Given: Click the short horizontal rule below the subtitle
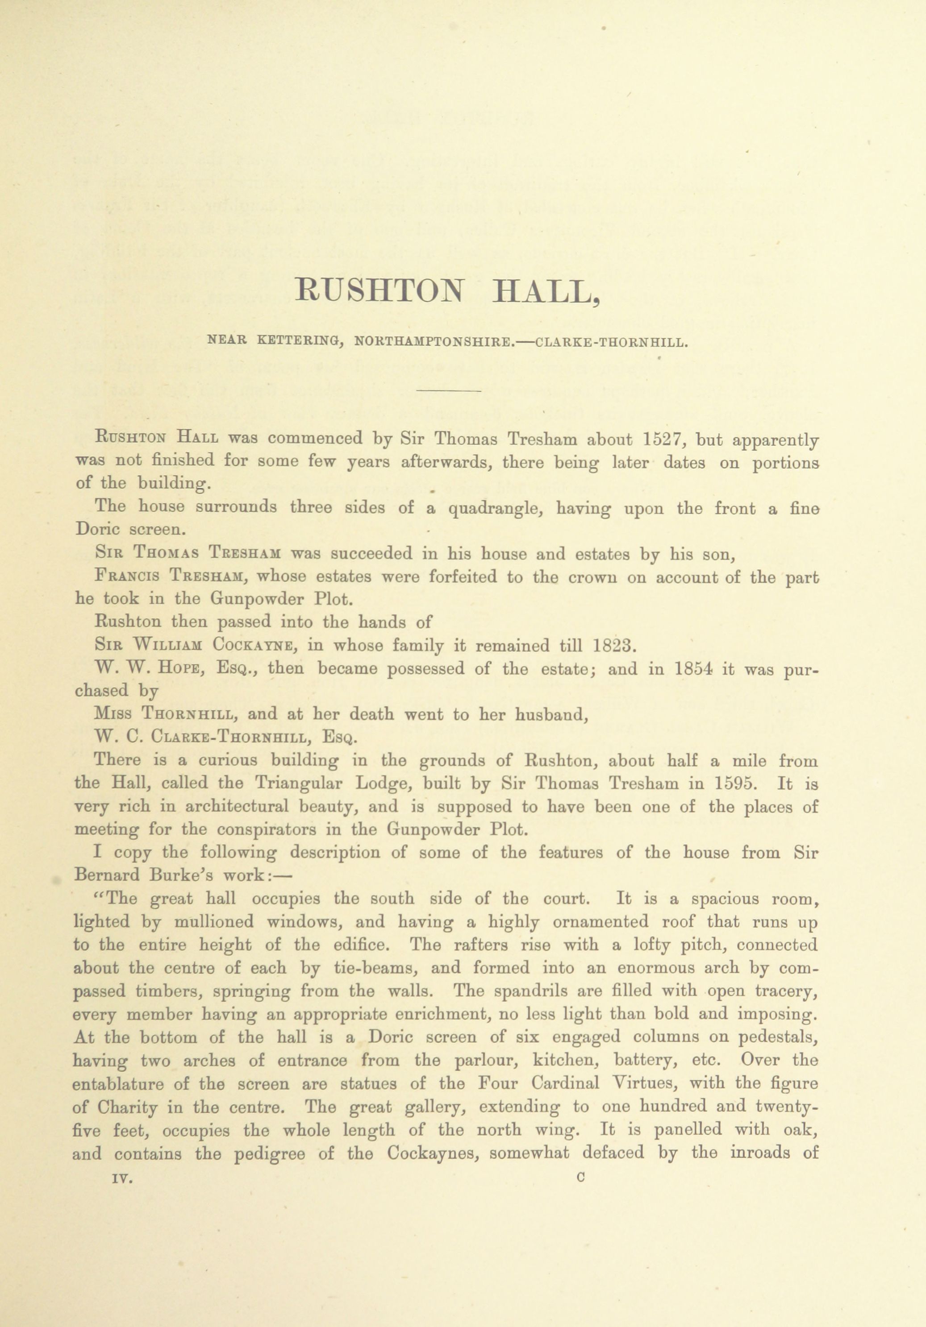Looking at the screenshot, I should (448, 392).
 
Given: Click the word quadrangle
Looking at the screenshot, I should (494, 509).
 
